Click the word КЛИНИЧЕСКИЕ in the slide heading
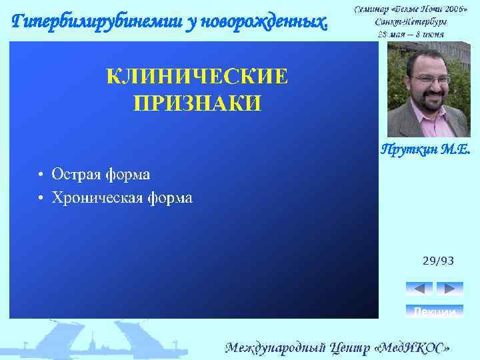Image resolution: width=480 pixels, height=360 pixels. (197, 77)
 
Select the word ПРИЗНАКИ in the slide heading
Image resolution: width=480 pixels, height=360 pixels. (197, 103)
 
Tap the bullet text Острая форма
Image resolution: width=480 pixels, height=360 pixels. (101, 175)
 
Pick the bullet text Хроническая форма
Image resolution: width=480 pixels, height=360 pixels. (122, 198)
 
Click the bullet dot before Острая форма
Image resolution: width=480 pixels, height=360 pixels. (41, 175)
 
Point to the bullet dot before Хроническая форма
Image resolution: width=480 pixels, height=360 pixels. (41, 199)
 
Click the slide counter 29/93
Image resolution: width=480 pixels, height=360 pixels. (438, 261)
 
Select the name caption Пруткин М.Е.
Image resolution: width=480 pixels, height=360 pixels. (425, 150)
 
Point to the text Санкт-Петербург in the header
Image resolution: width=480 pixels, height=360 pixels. (411, 21)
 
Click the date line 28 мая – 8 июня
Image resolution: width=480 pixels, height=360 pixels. (411, 33)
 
